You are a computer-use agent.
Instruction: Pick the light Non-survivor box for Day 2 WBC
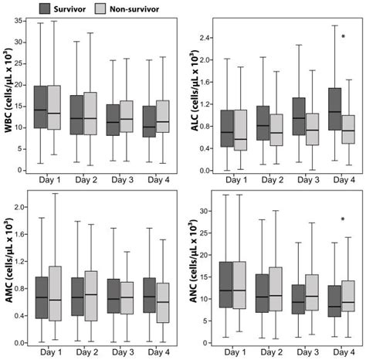[x=91, y=113]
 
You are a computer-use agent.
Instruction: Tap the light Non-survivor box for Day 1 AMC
[x=54, y=294]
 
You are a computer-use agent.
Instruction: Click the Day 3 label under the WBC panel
[x=122, y=179]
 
